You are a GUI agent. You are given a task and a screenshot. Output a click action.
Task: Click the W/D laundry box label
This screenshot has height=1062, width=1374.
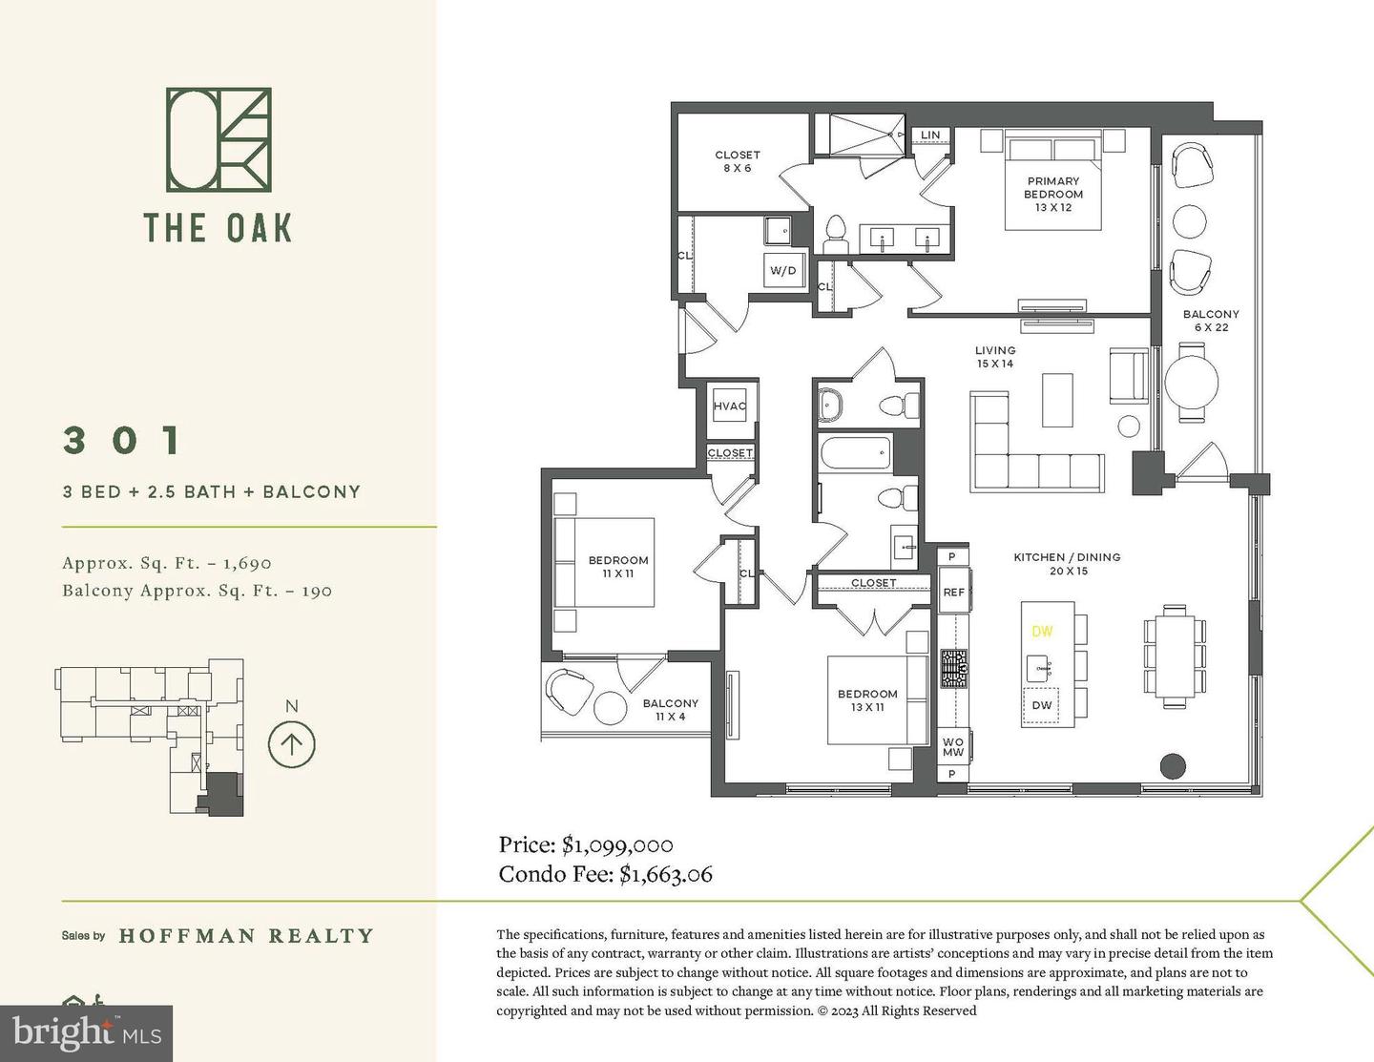(782, 270)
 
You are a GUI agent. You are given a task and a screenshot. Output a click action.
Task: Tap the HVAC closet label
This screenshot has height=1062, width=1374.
(730, 406)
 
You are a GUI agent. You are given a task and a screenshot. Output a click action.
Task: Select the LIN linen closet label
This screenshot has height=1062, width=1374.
(930, 135)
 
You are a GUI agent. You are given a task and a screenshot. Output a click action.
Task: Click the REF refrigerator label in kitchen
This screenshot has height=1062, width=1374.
(953, 592)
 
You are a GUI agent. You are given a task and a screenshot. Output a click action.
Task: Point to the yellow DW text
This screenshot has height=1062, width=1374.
(1042, 632)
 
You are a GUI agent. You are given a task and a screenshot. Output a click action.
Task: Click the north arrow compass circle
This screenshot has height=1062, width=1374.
(291, 744)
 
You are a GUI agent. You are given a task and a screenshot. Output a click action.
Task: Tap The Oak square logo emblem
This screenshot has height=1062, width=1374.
(219, 139)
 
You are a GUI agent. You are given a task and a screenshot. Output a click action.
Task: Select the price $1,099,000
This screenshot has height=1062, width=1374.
(617, 844)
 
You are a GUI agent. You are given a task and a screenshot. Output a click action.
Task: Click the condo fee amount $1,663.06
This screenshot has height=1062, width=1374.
(665, 873)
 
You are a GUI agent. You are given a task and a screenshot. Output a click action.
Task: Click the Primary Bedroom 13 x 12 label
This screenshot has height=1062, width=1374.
(1053, 194)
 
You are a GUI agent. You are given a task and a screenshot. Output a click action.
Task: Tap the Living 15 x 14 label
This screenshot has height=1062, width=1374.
(994, 357)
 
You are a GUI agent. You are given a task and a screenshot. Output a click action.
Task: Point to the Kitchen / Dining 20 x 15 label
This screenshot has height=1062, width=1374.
(1067, 564)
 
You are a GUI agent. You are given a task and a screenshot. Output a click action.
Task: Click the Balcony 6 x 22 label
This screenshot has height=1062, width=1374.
(1211, 321)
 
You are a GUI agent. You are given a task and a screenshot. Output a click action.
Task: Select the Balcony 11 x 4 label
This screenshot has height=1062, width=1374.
(670, 710)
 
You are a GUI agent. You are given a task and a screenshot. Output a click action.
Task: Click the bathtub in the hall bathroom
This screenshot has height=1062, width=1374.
(855, 452)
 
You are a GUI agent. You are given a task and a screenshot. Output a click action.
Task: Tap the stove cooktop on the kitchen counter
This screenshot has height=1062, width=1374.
(954, 669)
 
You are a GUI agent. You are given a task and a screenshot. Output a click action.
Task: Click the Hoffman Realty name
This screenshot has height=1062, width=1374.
(246, 936)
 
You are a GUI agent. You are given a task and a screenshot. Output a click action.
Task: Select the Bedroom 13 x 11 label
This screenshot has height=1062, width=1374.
(867, 700)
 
